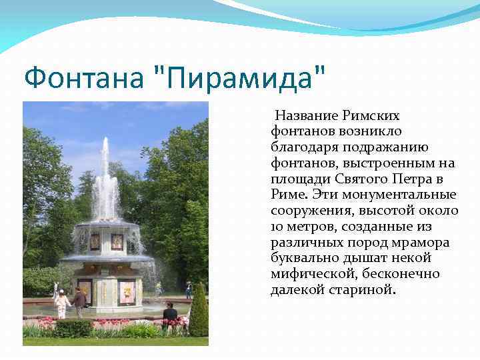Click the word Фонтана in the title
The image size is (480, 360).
(x=84, y=79)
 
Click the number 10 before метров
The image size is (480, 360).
(x=277, y=227)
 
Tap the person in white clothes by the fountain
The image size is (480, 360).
(x=62, y=304)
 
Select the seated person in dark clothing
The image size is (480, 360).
(x=170, y=312)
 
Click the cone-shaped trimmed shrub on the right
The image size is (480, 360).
(x=199, y=310)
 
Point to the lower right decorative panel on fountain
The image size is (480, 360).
(x=127, y=291)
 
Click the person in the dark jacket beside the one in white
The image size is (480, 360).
(x=79, y=302)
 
